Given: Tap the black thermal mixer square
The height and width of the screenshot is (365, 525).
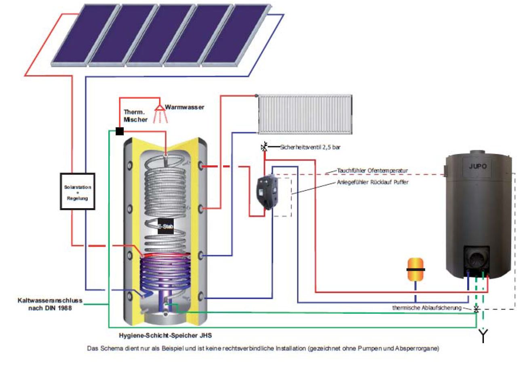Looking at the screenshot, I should [119, 131].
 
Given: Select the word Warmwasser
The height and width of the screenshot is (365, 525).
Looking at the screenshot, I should [185, 108].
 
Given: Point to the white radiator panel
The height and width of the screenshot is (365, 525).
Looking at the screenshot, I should [305, 115].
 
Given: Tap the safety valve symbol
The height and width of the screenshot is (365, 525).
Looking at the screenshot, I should [264, 148].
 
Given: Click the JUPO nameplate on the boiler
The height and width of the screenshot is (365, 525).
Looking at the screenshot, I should [478, 167].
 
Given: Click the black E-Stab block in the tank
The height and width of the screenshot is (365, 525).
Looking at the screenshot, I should [165, 227].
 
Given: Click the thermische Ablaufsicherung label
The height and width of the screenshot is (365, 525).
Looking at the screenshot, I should [427, 308].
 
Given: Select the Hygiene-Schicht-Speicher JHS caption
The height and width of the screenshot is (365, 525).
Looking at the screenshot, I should [165, 335].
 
